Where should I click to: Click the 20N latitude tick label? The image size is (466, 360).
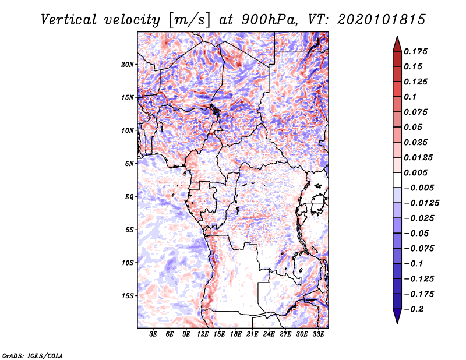click(x=128, y=65)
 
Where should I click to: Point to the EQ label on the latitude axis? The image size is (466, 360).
click(x=129, y=197)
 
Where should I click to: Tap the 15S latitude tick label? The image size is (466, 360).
click(x=128, y=296)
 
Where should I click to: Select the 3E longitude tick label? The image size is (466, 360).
click(x=153, y=334)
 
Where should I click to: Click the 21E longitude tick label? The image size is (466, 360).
click(x=252, y=334)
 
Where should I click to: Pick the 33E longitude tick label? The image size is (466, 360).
click(x=318, y=334)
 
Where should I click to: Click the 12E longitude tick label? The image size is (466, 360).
click(x=203, y=334)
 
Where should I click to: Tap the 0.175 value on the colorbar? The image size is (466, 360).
click(x=415, y=51)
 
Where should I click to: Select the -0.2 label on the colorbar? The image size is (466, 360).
click(x=414, y=309)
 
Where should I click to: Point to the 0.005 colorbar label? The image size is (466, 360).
click(x=415, y=172)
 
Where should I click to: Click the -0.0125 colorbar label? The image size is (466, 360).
click(x=421, y=203)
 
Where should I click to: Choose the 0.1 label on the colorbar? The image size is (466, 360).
click(x=410, y=97)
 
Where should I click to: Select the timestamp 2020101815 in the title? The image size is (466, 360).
click(x=382, y=20)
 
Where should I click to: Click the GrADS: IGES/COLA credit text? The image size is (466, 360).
click(x=33, y=356)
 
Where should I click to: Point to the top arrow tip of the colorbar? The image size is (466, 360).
click(x=397, y=37)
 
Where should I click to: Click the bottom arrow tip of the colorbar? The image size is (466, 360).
click(x=397, y=323)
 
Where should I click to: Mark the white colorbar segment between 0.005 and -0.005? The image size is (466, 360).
click(x=397, y=180)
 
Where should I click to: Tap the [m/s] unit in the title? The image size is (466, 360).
click(x=189, y=20)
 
